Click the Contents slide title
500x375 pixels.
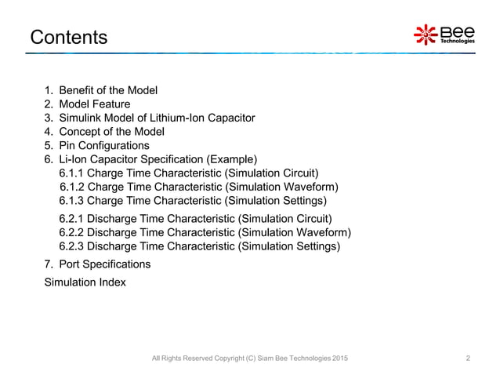tap(67, 37)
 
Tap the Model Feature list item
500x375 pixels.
tap(95, 104)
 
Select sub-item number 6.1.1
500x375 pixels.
tap(72, 173)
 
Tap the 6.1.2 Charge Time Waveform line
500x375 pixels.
tap(199, 187)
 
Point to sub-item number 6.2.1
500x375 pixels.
tap(72, 218)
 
